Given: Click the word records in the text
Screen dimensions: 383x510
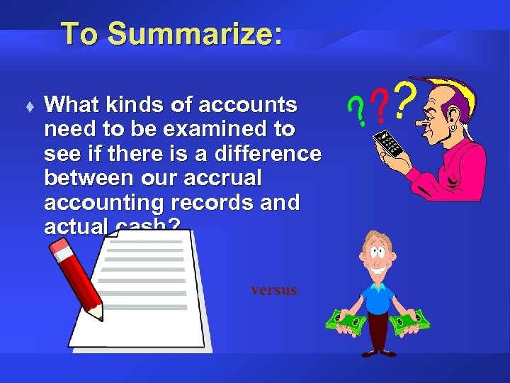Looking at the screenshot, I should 212,202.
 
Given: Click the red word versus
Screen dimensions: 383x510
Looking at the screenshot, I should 273,290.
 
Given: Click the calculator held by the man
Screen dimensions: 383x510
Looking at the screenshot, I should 388,143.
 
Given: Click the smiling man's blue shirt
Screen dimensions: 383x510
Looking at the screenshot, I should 378,295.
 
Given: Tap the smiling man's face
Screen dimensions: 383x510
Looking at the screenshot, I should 376,255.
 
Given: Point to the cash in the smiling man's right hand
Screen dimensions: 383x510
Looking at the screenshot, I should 346,323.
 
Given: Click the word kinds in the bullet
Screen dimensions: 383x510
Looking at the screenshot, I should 135,106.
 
